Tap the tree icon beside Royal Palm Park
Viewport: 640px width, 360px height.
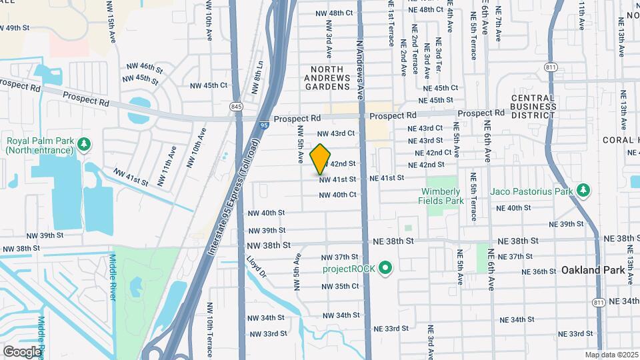pos(83,144)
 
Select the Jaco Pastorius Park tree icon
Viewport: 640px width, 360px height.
pos(583,191)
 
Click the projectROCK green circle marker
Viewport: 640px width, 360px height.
pos(385,269)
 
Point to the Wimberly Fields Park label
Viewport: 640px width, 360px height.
pos(441,195)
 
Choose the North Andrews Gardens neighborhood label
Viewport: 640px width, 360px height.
pos(328,78)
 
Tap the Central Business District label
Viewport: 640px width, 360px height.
pos(533,106)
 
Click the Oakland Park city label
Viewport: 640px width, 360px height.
pos(592,270)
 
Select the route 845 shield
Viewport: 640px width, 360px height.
pos(236,107)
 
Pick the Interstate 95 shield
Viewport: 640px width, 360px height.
pos(265,124)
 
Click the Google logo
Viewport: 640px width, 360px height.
pos(22,351)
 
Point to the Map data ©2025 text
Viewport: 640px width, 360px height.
pos(611,355)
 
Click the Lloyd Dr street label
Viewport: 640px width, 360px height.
pos(257,267)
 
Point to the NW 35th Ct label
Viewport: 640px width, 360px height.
pos(339,286)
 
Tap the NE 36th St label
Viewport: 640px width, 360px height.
pos(539,271)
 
